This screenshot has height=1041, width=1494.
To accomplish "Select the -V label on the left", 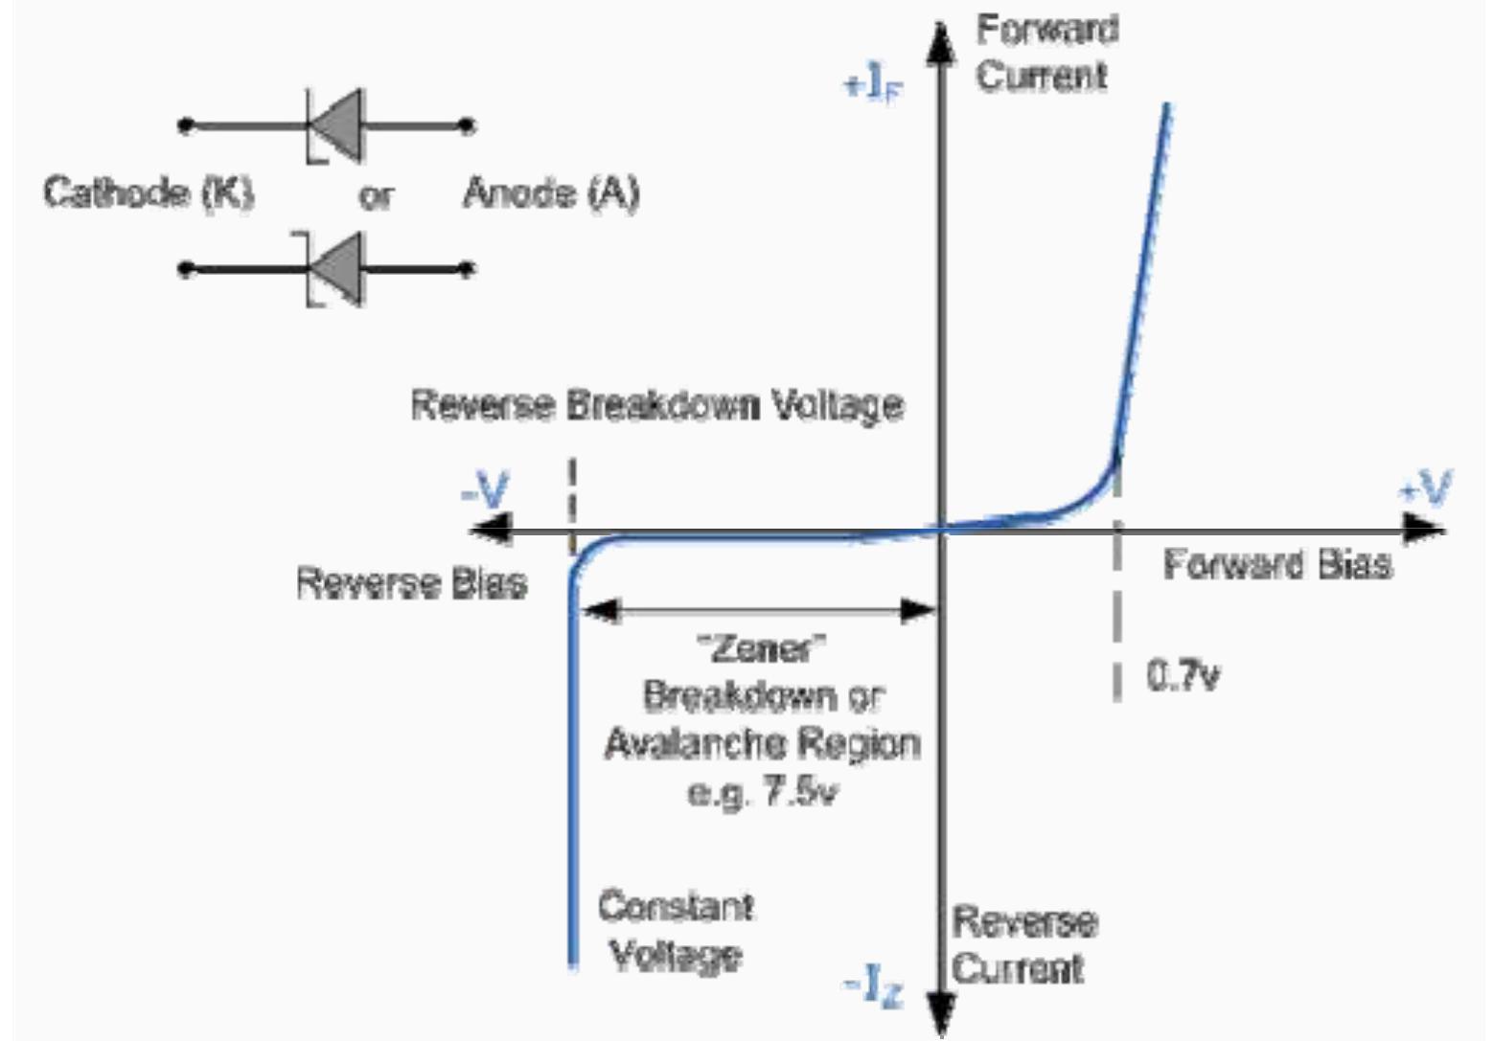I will point(485,492).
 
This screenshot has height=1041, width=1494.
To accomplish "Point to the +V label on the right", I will point(1425,488).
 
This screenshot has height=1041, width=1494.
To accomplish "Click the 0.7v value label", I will point(1183,676).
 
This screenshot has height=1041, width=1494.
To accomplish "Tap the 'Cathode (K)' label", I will point(149,192).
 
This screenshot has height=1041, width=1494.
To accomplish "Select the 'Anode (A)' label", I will point(551,193).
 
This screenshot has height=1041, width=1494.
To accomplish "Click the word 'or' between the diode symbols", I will point(376,195).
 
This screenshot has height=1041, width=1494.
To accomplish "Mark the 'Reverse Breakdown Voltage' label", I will point(657,405).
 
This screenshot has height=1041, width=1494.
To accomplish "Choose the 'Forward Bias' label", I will point(1277,564).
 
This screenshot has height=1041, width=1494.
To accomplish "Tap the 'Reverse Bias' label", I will point(412,582).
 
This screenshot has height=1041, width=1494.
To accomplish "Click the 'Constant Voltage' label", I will point(676,930).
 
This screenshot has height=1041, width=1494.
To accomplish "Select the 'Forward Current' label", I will point(1046,52).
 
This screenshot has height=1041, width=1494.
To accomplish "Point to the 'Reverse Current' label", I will point(1023,944).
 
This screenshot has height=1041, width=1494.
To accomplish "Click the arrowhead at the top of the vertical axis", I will point(941,43).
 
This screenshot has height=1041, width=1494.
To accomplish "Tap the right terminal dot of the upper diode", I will point(467,125).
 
